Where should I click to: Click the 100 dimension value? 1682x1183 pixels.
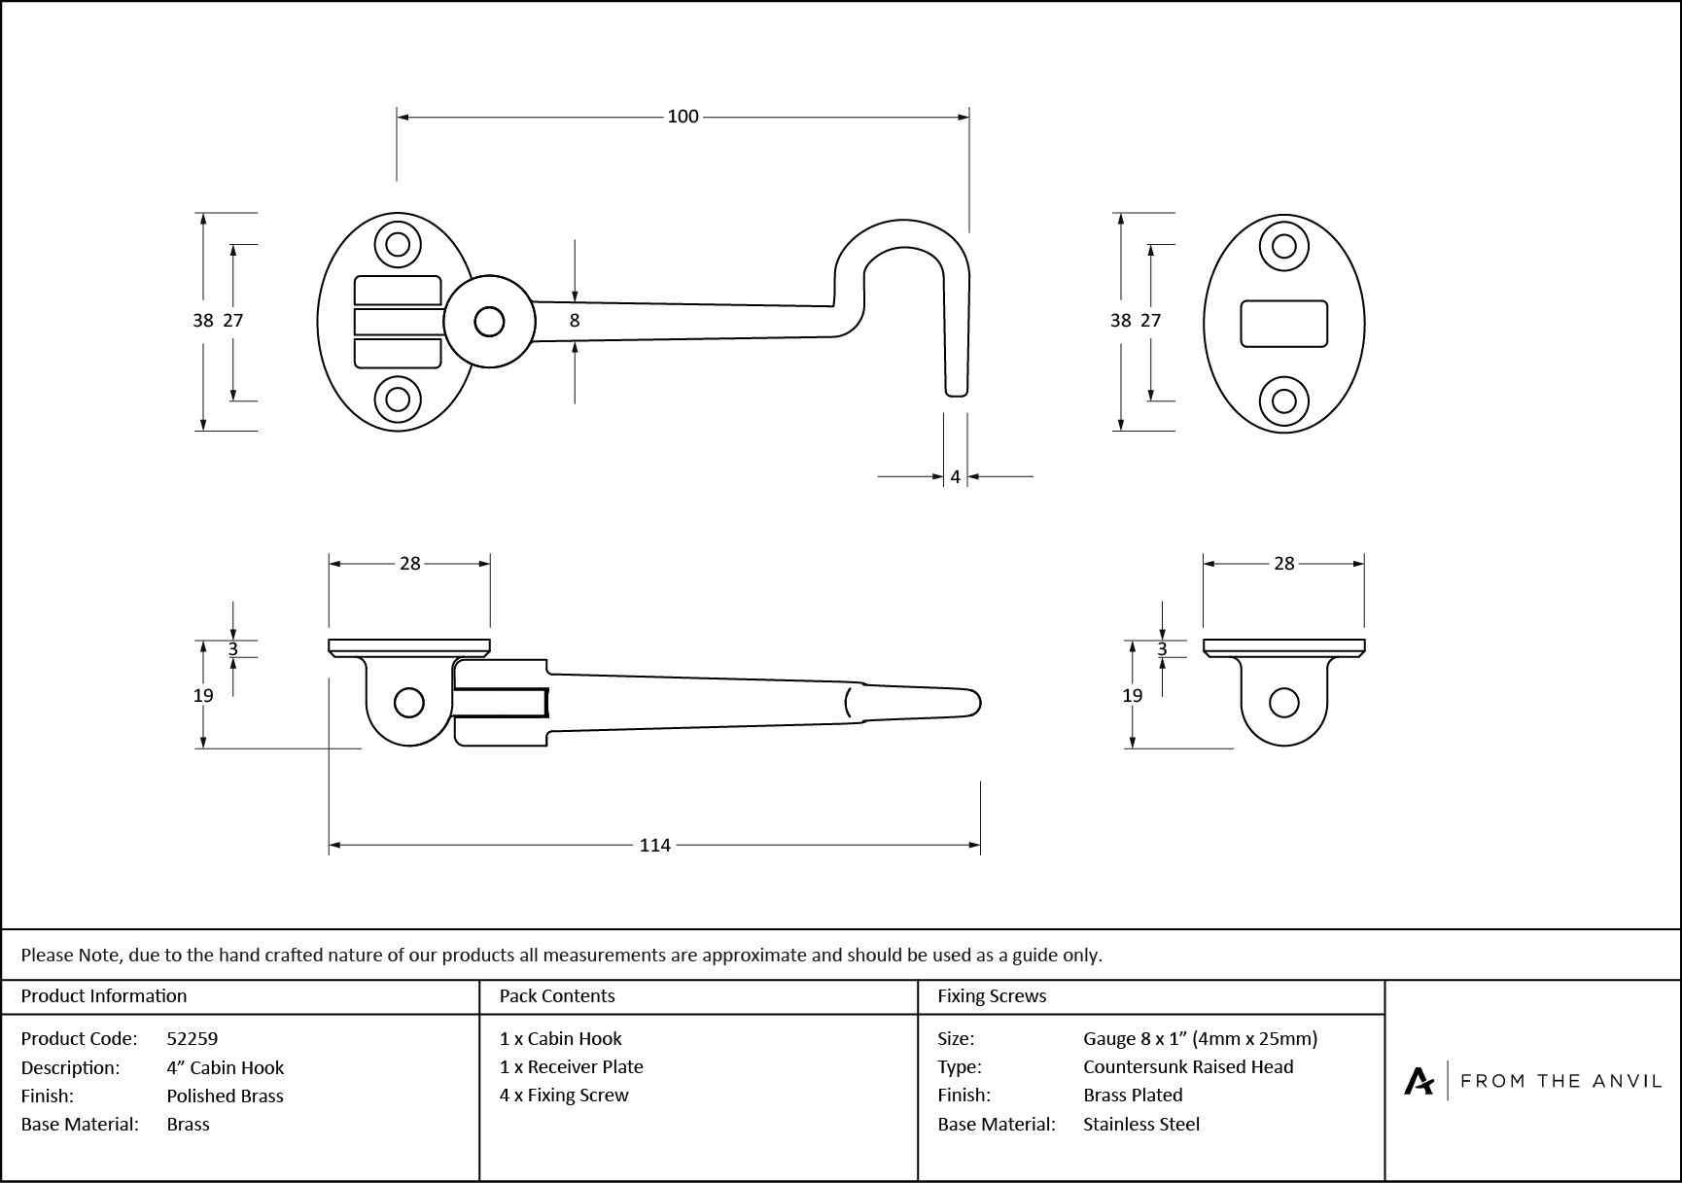point(683,117)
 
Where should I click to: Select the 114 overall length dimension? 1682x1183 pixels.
point(654,846)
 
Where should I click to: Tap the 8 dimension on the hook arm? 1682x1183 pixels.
point(575,320)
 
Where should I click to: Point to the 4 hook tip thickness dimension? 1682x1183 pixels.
point(955,477)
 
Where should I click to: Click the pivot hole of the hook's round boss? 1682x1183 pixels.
point(489,322)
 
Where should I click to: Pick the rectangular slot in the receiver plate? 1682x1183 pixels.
point(1283,323)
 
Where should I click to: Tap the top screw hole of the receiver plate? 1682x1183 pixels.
point(1283,244)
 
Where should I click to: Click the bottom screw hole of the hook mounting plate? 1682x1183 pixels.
point(398,399)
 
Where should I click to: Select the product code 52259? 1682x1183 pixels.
point(193,1038)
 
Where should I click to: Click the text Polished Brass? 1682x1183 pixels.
point(225,1096)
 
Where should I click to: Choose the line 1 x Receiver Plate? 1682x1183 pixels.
point(571,1066)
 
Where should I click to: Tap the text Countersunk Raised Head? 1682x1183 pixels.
point(1188,1066)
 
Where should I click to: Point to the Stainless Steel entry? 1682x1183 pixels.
point(1141,1124)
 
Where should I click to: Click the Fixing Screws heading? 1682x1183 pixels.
point(992,995)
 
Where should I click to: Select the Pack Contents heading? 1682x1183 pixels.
point(557,995)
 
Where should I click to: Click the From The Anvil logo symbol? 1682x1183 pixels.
point(1419,1081)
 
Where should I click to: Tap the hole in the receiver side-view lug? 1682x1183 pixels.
point(1284,703)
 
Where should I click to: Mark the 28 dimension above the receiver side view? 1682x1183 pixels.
point(1283,564)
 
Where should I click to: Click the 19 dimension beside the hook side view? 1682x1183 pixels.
point(203,695)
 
